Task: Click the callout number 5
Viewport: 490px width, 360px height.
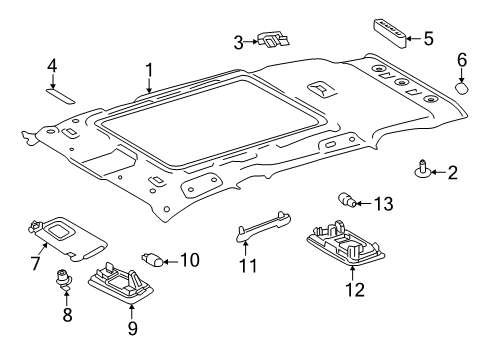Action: click(x=428, y=39)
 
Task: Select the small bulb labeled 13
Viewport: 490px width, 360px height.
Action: click(x=348, y=199)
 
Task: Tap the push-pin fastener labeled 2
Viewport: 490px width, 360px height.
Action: click(x=423, y=169)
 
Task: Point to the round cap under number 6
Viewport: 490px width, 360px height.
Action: click(x=462, y=88)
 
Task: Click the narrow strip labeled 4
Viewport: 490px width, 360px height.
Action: click(x=60, y=95)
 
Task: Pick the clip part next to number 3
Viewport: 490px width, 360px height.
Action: click(x=273, y=40)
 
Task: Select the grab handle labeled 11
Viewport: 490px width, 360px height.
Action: click(x=263, y=226)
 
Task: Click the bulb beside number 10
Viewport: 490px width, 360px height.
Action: click(x=152, y=260)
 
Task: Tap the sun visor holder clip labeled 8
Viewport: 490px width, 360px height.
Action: click(x=64, y=279)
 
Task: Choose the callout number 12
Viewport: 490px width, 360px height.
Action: click(x=355, y=289)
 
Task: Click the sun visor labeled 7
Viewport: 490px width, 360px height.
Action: click(x=68, y=238)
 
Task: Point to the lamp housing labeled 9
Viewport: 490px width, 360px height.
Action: click(x=121, y=283)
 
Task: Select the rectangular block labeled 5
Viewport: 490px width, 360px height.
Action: click(x=389, y=33)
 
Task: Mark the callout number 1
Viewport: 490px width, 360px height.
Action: click(x=149, y=70)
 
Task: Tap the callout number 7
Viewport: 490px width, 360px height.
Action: click(x=36, y=263)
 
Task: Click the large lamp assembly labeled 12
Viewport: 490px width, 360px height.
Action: click(x=346, y=243)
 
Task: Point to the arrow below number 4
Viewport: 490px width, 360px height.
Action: click(x=52, y=81)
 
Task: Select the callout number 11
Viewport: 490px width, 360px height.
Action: click(x=249, y=266)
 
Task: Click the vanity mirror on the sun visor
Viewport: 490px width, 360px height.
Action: click(x=58, y=230)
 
